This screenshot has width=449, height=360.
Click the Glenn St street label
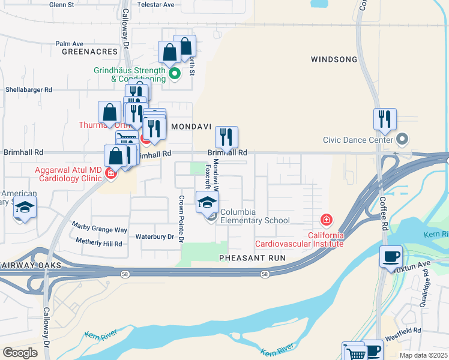click(x=62, y=4)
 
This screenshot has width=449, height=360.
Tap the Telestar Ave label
click(x=157, y=4)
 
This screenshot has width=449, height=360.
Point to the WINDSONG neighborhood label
click(x=334, y=59)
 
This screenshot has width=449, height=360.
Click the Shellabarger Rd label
click(x=29, y=89)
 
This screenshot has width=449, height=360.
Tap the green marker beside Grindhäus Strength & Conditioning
click(x=175, y=74)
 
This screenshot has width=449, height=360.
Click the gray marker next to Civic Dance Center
click(x=403, y=140)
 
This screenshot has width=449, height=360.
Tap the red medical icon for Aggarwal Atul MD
click(x=110, y=175)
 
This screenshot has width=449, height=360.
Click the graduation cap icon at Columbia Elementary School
click(x=207, y=202)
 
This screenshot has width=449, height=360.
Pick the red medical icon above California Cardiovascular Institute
click(x=327, y=220)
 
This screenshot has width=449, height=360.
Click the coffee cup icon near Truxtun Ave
click(x=391, y=256)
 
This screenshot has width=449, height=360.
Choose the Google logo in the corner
click(x=20, y=352)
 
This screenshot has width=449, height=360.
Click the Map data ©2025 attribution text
click(x=423, y=355)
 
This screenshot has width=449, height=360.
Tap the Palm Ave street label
click(x=69, y=44)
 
